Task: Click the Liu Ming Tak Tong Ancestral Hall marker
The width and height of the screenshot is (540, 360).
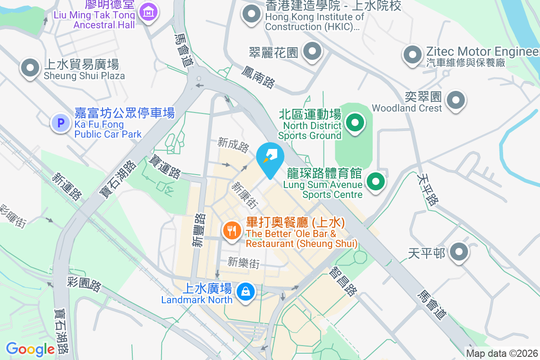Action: [x=148, y=12]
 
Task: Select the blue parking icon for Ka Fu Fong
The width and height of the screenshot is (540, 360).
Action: [x=60, y=122]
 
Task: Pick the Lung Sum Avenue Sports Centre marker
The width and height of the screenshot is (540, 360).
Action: [x=376, y=182]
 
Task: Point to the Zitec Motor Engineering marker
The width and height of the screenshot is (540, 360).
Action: [x=412, y=55]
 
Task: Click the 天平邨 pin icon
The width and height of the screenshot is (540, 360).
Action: [x=459, y=252]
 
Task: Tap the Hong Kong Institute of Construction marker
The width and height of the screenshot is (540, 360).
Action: [x=252, y=14]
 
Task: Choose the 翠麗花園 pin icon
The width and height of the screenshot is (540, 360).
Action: [x=311, y=51]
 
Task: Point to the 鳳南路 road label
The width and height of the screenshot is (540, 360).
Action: [x=258, y=77]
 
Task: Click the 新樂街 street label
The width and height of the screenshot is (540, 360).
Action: [x=243, y=262]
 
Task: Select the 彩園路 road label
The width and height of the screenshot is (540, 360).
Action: [x=84, y=284]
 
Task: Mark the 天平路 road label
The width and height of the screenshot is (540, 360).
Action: [x=427, y=189]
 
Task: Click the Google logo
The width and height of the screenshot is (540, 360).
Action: [x=30, y=349]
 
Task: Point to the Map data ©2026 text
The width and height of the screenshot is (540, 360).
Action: [x=501, y=353]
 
